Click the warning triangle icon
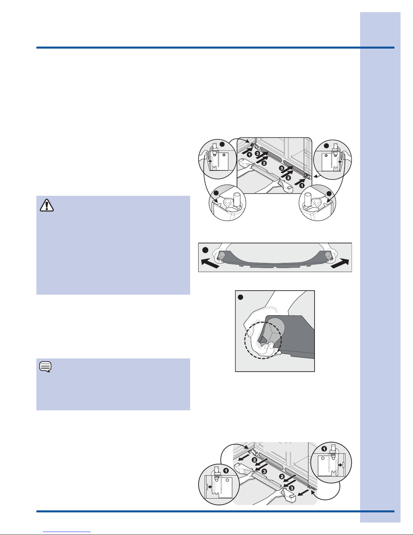47,205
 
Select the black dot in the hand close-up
240,297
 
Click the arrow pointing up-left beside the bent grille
210,263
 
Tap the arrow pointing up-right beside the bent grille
340,264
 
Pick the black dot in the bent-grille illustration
205,250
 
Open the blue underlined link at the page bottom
67,532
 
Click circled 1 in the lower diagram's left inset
226,471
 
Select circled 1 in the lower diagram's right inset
324,449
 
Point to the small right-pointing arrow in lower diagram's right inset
341,465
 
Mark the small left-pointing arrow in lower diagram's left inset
209,487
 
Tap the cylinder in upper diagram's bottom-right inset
308,200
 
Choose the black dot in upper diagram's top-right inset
326,146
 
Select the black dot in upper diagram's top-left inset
222,144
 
